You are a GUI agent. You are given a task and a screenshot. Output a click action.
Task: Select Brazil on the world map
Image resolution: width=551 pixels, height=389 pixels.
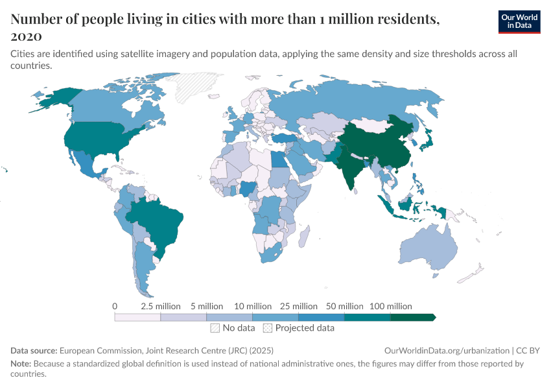click(158, 224)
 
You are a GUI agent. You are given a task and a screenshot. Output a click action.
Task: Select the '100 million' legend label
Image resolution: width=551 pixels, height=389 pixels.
click(391, 306)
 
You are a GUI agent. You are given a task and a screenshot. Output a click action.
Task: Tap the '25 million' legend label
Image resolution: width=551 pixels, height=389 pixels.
click(299, 306)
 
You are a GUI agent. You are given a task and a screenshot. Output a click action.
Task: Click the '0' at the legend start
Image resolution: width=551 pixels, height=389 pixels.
click(115, 306)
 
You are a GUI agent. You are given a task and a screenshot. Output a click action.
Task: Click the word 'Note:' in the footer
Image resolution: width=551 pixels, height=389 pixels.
click(21, 364)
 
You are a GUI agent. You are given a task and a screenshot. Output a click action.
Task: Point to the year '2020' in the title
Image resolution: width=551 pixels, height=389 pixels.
click(27, 36)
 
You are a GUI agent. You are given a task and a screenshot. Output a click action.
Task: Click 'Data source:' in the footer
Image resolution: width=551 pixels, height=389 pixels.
click(34, 350)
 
